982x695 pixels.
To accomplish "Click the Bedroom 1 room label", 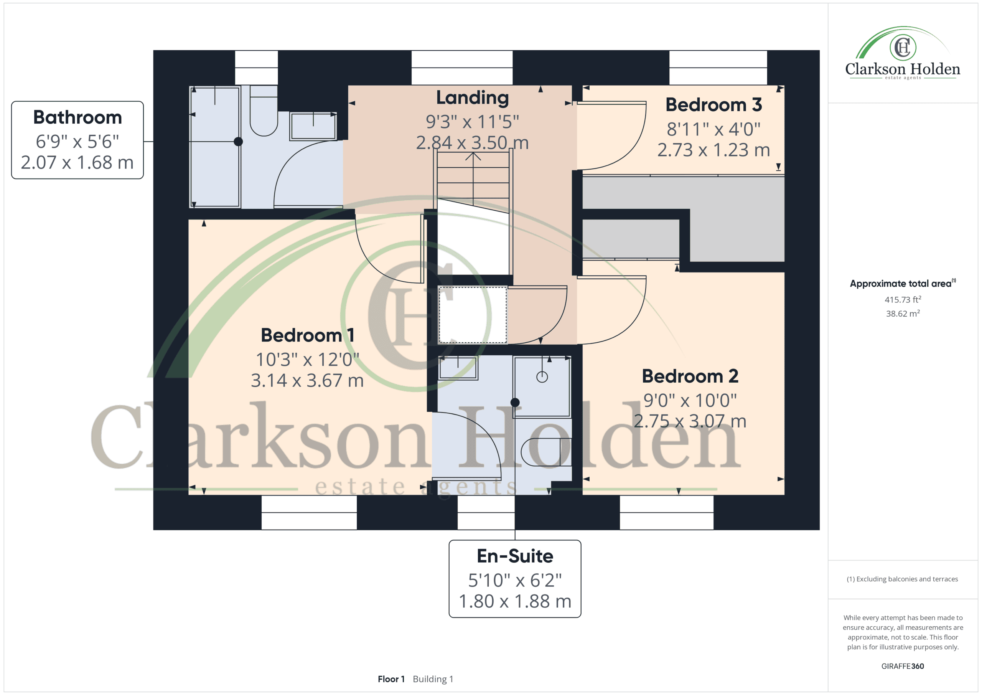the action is coord(307,335).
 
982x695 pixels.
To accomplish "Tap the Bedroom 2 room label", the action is coord(690,376).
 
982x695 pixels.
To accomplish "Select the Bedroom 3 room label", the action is coord(713,105).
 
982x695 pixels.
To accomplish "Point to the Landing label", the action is coord(472,98).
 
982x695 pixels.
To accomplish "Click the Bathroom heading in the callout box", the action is coord(77,117).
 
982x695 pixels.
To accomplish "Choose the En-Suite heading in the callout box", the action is coord(515,556).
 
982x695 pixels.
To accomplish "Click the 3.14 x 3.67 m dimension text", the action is coord(307,380).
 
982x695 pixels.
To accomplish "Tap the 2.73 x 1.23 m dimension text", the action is coord(713,150).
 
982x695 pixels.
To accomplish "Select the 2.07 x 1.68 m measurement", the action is coord(77,163).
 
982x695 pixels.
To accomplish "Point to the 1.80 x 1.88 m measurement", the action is coord(515,601).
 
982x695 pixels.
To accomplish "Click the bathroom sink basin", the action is coord(313,126).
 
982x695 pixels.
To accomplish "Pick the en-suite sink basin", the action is coord(458,368).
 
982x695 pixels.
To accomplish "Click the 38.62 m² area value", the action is coord(903,313).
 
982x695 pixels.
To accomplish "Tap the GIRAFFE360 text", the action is coord(903,666).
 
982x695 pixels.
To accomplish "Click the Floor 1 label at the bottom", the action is coord(391,679).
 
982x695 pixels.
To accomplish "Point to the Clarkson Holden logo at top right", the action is coord(903,53).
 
